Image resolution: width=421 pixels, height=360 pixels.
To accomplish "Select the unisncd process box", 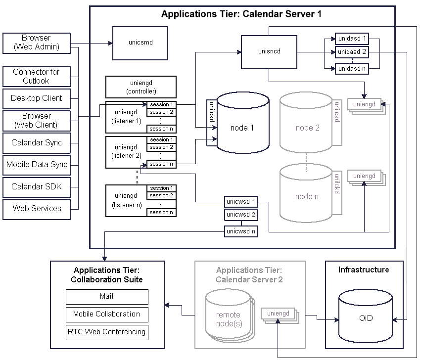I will click(x=269, y=51).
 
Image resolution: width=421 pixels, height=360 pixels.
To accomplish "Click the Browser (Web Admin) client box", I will click(x=36, y=43).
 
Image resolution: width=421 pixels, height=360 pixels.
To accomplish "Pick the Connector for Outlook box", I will click(x=36, y=76).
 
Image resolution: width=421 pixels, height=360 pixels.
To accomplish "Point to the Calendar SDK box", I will click(x=36, y=186).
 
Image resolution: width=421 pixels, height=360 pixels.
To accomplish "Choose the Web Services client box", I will click(x=36, y=209).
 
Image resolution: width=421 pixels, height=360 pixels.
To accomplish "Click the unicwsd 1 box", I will click(x=241, y=202).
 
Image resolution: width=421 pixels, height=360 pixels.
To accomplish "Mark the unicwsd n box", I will click(x=241, y=231).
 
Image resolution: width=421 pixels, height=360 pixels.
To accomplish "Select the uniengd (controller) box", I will click(x=141, y=87).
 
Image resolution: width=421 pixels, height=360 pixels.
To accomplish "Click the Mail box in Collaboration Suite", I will click(x=107, y=297).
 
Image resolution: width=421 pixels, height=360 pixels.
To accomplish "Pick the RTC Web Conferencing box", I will click(x=107, y=332).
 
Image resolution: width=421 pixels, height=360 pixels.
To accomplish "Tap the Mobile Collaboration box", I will click(x=107, y=314).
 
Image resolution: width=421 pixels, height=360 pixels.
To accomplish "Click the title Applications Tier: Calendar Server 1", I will click(x=241, y=14).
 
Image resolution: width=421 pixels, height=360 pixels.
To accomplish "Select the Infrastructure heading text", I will click(x=364, y=270).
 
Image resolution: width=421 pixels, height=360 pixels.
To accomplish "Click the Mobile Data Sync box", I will click(x=36, y=165).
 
